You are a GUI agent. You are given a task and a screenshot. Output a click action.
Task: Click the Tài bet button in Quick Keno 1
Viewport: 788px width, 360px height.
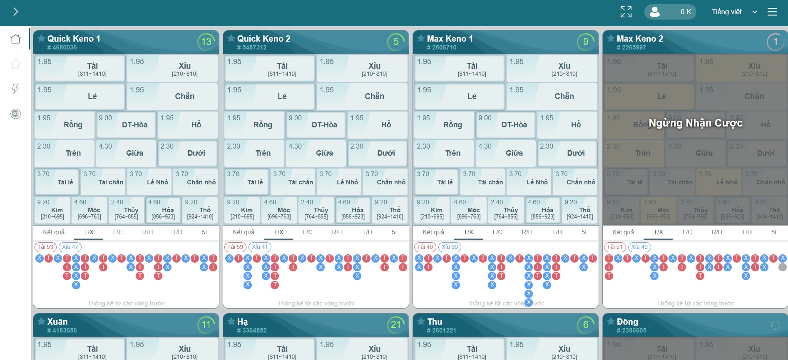pos(80,68)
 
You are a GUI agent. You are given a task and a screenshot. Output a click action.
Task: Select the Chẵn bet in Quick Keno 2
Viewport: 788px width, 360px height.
pos(362,97)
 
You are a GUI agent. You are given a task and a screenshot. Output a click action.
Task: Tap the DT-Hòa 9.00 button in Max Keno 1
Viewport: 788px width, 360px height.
pos(505,125)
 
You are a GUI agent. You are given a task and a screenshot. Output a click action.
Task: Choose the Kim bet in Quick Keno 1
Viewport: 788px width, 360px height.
pos(52,210)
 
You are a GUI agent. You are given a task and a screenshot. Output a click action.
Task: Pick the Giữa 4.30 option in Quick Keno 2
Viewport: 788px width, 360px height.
pos(316,153)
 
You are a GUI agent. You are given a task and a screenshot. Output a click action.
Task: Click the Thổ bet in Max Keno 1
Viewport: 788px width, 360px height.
pos(579,210)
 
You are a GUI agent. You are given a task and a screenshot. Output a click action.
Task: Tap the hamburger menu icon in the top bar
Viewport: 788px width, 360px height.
pos(772,12)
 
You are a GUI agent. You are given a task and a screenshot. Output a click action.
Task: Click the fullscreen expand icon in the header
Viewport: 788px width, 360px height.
pos(626,12)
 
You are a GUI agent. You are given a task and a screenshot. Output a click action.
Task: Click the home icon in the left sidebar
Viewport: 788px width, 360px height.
pos(15,39)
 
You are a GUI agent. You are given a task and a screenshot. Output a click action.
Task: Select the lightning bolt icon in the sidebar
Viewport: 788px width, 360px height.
pos(15,88)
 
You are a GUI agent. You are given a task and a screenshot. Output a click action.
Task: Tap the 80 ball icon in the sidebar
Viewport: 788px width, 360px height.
pos(15,114)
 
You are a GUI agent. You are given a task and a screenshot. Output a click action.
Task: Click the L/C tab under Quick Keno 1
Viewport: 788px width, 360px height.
pos(118,232)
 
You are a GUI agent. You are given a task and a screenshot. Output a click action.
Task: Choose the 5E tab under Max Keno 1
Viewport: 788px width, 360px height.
pos(585,232)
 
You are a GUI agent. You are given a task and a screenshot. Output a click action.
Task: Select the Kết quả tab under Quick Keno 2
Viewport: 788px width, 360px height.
pos(244,232)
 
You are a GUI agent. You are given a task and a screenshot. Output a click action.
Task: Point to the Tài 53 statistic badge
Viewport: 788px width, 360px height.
pos(45,247)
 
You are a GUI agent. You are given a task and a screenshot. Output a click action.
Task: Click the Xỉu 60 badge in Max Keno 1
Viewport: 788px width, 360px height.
pos(450,247)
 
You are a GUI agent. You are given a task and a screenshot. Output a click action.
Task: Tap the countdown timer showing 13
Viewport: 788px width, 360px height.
pos(206,42)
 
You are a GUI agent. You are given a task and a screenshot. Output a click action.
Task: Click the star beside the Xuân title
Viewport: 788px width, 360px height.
pos(41,321)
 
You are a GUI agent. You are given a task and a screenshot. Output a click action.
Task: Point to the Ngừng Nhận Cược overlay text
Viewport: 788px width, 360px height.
pos(696,123)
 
